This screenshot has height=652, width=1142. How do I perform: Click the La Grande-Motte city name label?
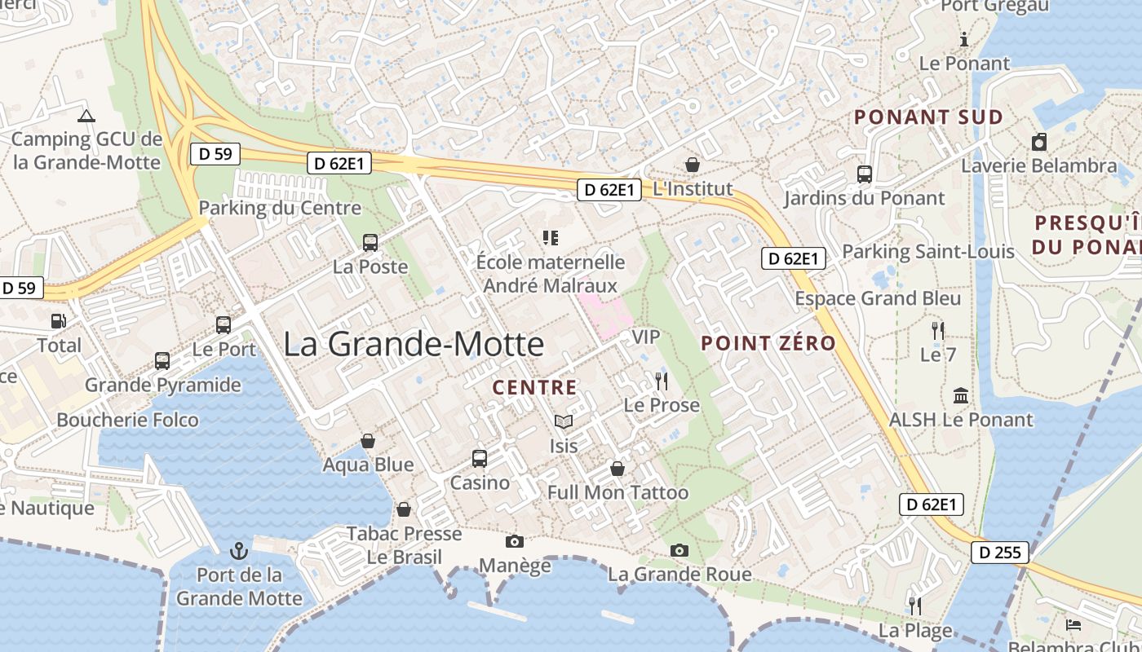[414, 344]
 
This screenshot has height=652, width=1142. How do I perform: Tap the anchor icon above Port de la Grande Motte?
[239, 550]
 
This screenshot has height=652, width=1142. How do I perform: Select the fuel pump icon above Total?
[58, 321]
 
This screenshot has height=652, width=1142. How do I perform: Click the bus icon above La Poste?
[370, 242]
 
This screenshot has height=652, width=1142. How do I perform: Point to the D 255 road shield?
[1000, 553]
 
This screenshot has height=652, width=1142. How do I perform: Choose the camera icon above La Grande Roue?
[679, 550]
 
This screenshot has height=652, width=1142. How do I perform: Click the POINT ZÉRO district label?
[768, 343]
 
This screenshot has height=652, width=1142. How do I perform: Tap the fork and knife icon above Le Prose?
[661, 381]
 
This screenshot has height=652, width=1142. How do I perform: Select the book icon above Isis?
[563, 421]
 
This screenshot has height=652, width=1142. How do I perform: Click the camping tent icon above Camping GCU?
[86, 116]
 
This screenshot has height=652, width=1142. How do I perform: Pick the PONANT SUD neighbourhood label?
[928, 117]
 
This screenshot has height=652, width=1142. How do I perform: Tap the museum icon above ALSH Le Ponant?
[961, 395]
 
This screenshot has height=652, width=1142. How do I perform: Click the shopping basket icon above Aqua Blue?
[368, 441]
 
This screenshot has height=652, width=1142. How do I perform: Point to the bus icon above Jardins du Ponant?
[864, 174]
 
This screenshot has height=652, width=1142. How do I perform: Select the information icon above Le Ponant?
[964, 38]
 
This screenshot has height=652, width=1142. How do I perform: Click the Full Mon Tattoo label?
[617, 492]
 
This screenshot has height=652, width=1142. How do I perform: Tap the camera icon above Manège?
[514, 541]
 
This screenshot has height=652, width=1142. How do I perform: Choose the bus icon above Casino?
[480, 458]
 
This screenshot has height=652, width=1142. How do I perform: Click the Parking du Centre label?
[280, 208]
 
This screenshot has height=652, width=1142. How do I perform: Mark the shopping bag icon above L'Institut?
[693, 165]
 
